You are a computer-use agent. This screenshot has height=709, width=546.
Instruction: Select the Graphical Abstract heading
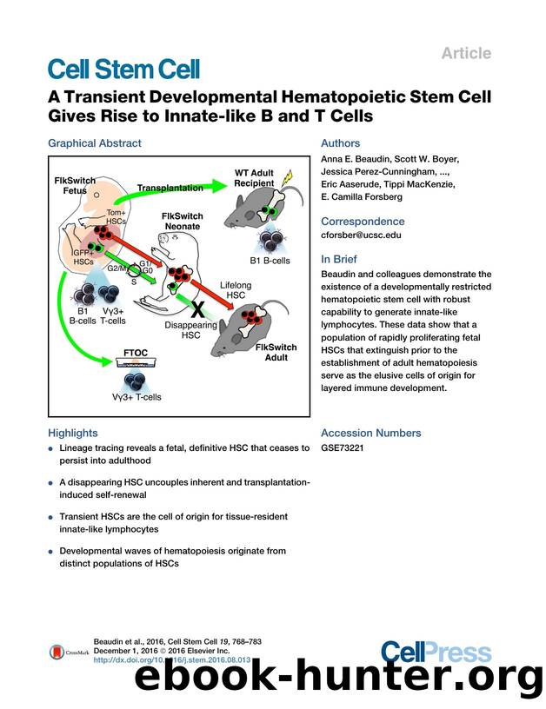pyautogui.click(x=94, y=143)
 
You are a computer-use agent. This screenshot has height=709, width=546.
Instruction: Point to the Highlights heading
pyautogui.click(x=72, y=433)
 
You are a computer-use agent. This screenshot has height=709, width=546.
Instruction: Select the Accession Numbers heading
pyautogui.click(x=370, y=433)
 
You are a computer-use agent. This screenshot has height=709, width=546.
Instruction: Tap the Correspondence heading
pyautogui.click(x=363, y=222)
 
